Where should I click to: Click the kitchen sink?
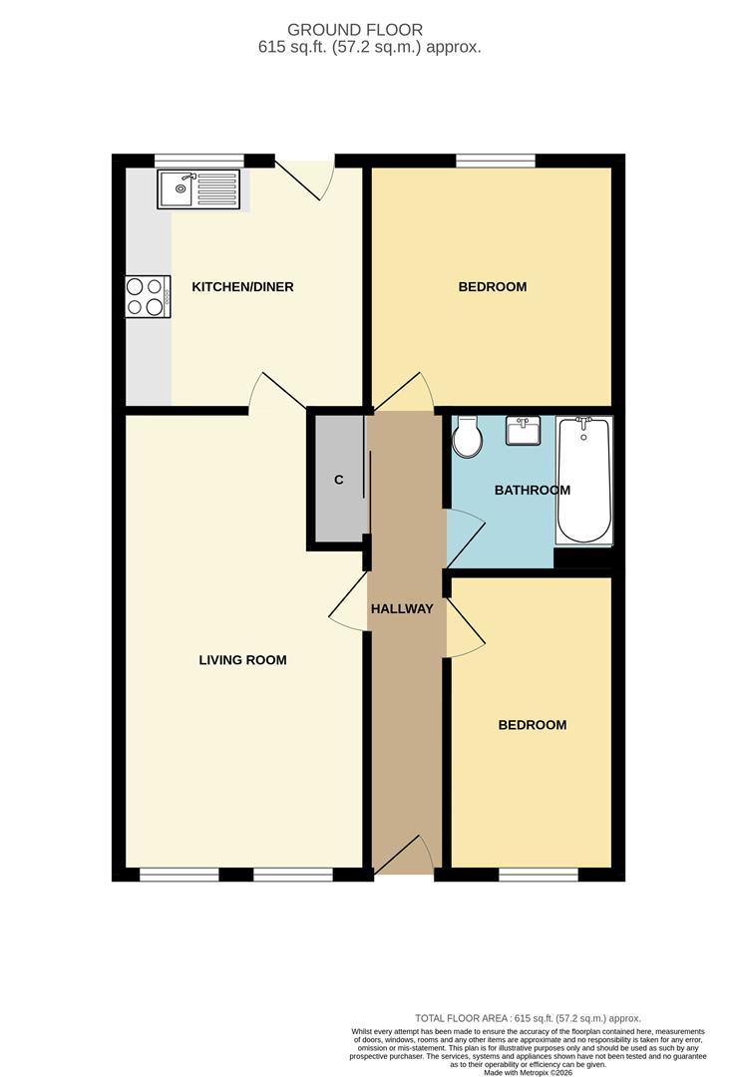point(198,188)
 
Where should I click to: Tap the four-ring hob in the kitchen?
point(146,296)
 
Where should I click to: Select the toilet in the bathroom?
point(466,436)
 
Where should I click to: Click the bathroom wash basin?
point(523,432)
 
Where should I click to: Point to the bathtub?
point(583,480)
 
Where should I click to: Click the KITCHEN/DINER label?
point(242,287)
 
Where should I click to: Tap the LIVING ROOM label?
point(242,660)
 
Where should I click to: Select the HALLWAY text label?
point(402,608)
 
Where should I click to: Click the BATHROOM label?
point(533,490)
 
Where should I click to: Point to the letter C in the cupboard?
point(338,481)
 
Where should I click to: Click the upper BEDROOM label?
point(492,287)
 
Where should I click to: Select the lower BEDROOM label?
point(532,725)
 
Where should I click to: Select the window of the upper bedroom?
point(496,160)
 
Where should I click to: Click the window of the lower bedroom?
point(538,875)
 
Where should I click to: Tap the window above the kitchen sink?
point(199,160)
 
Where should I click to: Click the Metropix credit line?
point(529,1072)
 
